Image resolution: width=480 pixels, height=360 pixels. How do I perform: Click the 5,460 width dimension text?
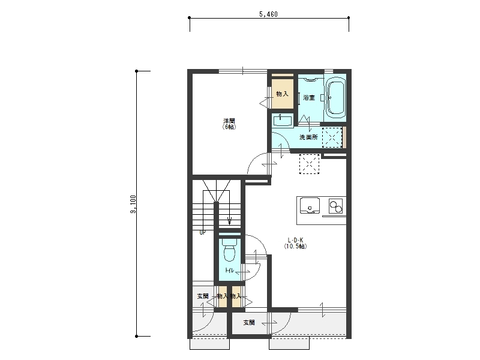point(268,14)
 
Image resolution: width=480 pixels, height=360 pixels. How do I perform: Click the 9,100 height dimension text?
point(133,204)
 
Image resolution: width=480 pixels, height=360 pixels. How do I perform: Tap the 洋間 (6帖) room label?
point(229,124)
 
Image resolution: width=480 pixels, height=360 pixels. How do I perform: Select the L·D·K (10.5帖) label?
point(295,243)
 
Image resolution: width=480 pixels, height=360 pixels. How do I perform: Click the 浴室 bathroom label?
point(309,98)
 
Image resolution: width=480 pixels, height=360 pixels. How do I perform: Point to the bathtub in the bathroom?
point(336,98)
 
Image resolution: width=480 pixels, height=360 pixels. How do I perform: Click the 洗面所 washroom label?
point(308,137)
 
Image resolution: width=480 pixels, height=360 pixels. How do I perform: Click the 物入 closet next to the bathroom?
point(282,94)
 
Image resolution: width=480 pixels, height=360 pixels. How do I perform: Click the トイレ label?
point(230,271)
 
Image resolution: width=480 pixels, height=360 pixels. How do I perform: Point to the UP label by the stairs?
point(203,232)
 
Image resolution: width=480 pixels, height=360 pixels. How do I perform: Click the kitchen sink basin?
point(310,205)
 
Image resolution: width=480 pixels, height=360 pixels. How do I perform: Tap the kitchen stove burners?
point(336,206)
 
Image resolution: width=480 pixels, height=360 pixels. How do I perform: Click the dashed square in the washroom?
point(332,137)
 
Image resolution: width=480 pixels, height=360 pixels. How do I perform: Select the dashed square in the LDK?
point(309,164)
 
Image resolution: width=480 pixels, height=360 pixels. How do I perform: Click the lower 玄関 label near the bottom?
point(249,322)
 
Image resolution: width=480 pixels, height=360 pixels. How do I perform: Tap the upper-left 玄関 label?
point(203,296)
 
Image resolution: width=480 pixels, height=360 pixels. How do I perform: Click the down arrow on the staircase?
point(229,220)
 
